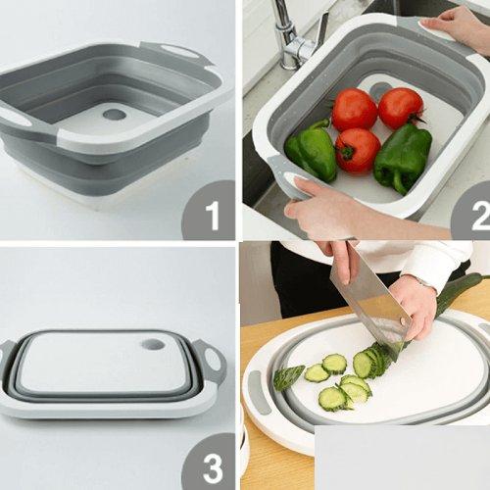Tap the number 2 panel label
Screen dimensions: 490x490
[x=480, y=215]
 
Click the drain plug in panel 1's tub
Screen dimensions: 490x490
[x=115, y=115]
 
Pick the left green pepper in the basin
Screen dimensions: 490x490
[x=311, y=150]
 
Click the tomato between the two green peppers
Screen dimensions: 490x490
[x=358, y=150]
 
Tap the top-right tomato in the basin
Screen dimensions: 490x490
[x=400, y=107]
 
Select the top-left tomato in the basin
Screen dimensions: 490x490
[x=354, y=109]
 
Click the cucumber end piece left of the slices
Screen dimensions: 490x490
[x=288, y=377]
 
